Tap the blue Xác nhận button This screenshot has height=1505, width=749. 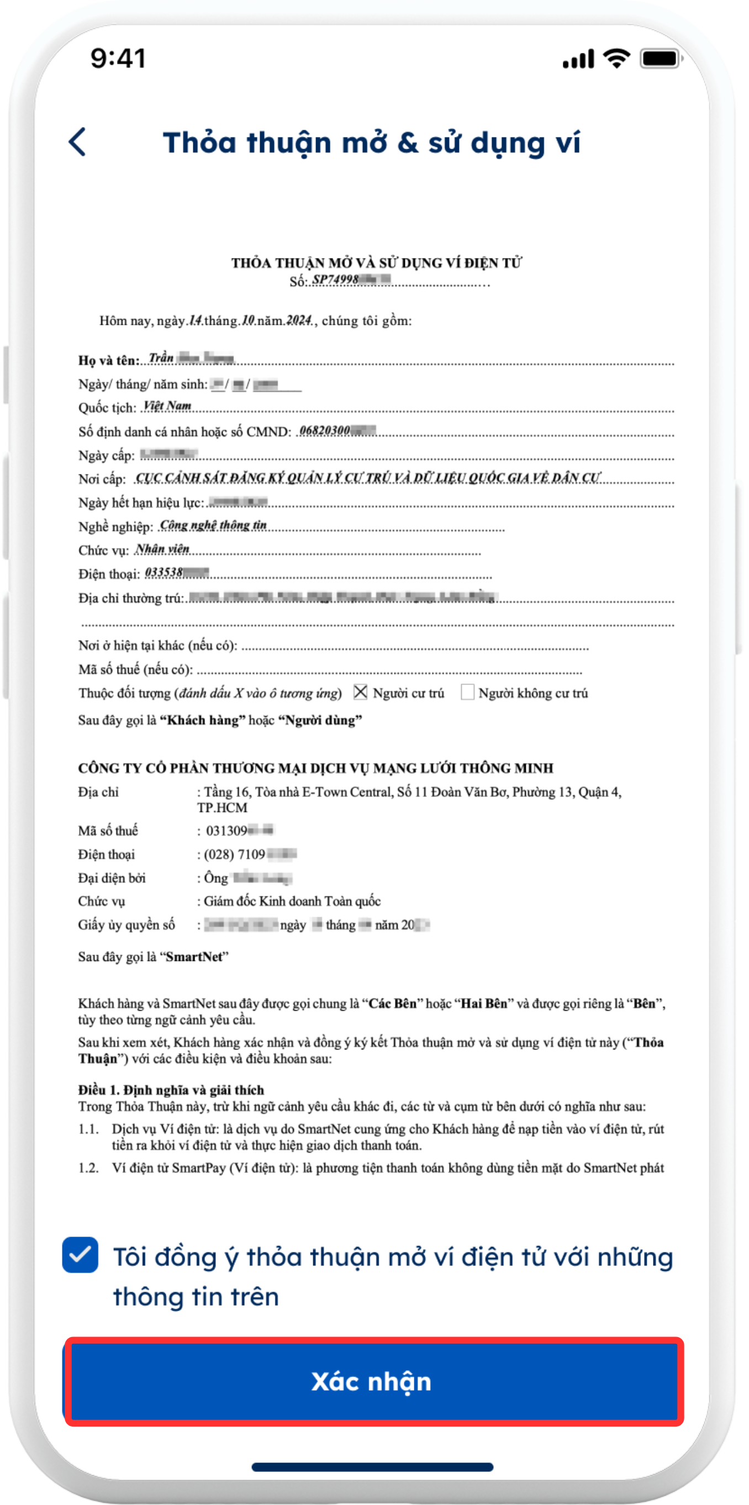(x=373, y=1382)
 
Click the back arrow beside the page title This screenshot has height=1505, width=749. (x=78, y=142)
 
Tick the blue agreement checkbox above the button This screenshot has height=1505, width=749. (x=80, y=1254)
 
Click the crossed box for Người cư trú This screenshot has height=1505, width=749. (x=361, y=691)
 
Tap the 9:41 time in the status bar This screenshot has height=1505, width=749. (x=118, y=59)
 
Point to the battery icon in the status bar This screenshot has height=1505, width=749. (x=660, y=59)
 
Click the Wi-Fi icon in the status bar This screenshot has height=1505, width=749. (x=616, y=58)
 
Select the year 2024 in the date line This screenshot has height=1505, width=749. (x=299, y=320)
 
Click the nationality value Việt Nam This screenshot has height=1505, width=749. (x=167, y=405)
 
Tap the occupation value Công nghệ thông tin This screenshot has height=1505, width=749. (x=213, y=525)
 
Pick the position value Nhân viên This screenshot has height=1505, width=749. (x=162, y=549)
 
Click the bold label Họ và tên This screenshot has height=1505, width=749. (x=109, y=361)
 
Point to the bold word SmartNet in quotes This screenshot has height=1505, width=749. (x=194, y=957)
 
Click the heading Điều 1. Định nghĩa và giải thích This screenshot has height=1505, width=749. (x=171, y=1090)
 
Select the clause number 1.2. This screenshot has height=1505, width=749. (x=88, y=1168)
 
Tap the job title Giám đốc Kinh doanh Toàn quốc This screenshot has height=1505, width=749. (x=292, y=901)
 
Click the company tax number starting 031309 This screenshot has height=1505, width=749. (x=240, y=830)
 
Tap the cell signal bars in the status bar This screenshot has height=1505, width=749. (x=578, y=59)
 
